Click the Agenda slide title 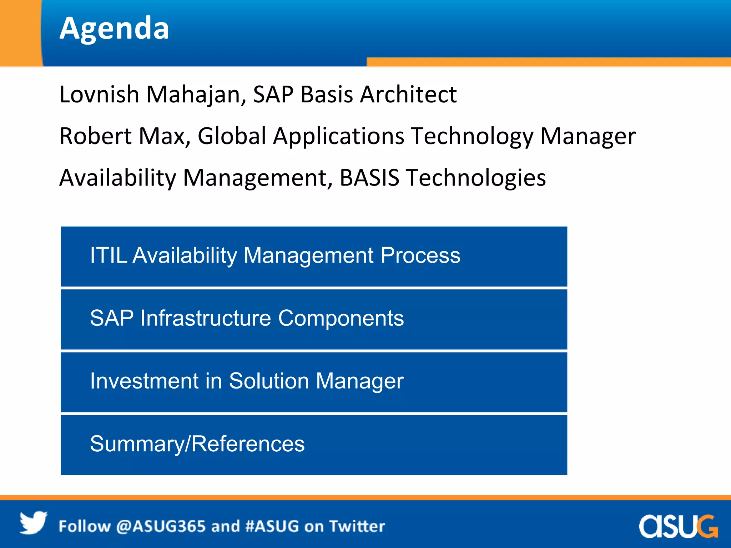click(x=114, y=29)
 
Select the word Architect click(x=408, y=95)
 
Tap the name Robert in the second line click(x=96, y=136)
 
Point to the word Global click(x=232, y=136)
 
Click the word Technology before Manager click(x=472, y=136)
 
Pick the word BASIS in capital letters click(x=369, y=178)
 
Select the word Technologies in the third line click(x=476, y=178)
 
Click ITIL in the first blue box click(x=108, y=255)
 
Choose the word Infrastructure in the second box click(x=206, y=318)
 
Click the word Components click(x=341, y=318)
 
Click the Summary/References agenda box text click(x=197, y=444)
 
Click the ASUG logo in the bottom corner click(x=678, y=526)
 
